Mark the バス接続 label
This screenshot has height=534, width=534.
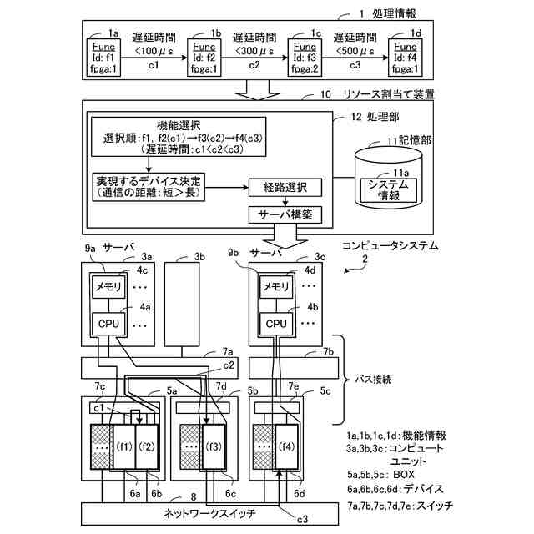click(390, 379)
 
